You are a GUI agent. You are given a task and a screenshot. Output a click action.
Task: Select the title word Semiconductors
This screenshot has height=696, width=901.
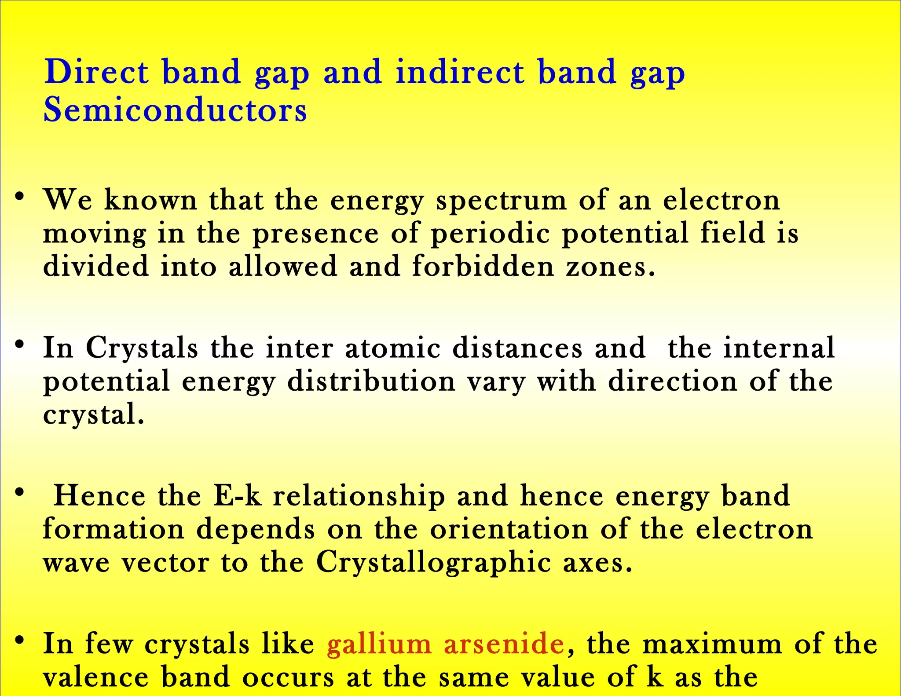coord(175,110)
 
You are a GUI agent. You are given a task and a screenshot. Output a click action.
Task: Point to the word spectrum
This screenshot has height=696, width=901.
coord(501,201)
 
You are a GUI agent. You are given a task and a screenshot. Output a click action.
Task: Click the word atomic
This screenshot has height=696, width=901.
coord(392,348)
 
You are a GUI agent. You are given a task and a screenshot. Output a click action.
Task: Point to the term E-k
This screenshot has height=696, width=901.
coord(237,496)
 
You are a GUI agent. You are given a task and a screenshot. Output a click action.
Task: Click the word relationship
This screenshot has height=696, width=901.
coord(359,497)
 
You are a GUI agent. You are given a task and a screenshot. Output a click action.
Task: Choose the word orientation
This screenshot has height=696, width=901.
coord(509,529)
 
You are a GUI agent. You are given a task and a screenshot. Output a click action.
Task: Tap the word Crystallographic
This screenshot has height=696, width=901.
coord(433,563)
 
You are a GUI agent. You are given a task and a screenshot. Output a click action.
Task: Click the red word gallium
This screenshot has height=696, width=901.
coord(379,644)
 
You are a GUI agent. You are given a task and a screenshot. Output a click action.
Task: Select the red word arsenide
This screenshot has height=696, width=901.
coord(504,644)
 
